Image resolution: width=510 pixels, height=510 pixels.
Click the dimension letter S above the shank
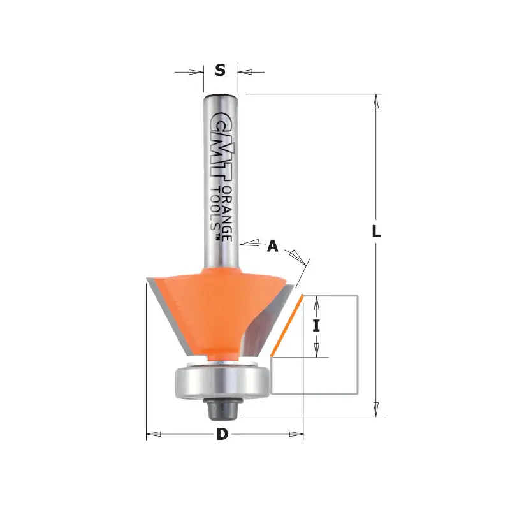pyautogui.click(x=220, y=71)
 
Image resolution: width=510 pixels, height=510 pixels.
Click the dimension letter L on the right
pyautogui.click(x=377, y=233)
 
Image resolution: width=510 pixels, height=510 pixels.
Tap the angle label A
pyautogui.click(x=273, y=245)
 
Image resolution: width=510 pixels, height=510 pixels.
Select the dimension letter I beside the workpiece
pyautogui.click(x=316, y=326)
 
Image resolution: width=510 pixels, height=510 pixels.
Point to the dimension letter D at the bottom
pyautogui.click(x=222, y=435)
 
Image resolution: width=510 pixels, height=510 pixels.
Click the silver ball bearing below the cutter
pyautogui.click(x=220, y=381)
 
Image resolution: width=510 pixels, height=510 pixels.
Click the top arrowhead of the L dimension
pyautogui.click(x=377, y=101)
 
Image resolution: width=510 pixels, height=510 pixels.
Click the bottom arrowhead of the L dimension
pyautogui.click(x=377, y=409)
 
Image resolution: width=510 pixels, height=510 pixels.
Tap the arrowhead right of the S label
pyautogui.click(x=244, y=71)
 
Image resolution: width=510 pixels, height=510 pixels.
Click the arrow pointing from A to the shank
pyautogui.click(x=250, y=242)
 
